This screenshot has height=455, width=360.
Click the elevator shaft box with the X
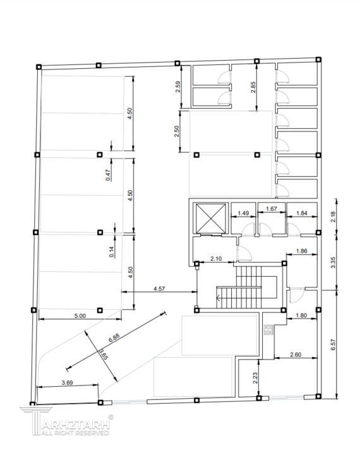[211, 218]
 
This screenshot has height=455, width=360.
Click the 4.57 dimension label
[159, 288]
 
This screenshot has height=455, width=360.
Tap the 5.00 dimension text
[80, 316]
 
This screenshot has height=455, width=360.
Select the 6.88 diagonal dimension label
[114, 337]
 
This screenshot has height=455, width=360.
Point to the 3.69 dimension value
[68, 382]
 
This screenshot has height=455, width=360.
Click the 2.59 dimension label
[178, 87]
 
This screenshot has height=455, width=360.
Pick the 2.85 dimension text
[253, 87]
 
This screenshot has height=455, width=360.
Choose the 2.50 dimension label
[176, 131]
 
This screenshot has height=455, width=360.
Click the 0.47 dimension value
[109, 175]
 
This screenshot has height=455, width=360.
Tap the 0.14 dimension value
[112, 252]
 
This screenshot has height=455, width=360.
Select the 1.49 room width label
[243, 213]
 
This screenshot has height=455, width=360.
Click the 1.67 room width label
[271, 209]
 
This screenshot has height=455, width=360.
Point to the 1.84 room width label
[302, 213]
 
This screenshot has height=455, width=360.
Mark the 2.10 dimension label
[216, 258]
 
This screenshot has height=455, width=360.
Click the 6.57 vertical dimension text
[333, 344]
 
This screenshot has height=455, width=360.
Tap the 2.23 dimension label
[255, 378]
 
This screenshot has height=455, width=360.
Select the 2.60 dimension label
[296, 355]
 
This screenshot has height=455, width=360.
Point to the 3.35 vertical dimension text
[333, 263]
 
